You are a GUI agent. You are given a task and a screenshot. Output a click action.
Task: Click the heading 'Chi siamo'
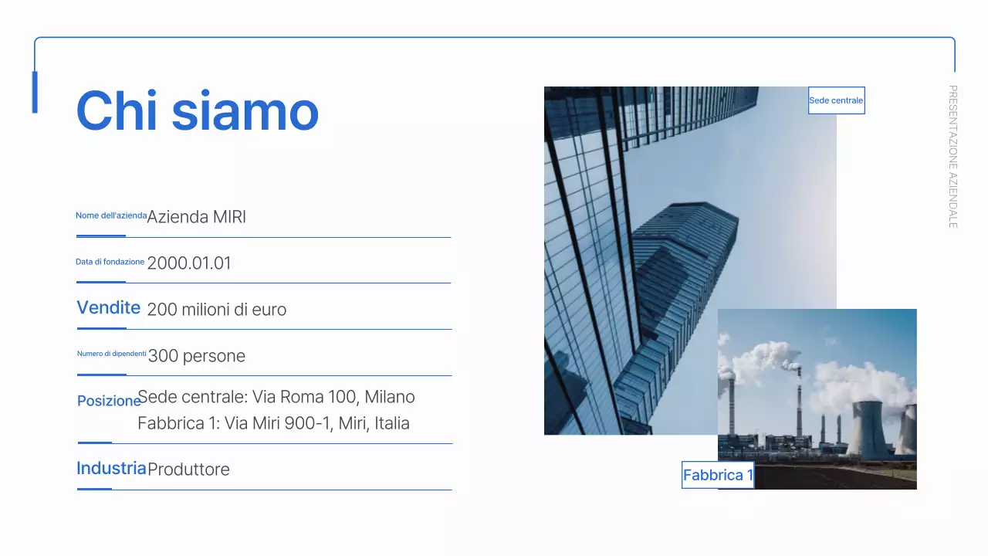[x=198, y=110]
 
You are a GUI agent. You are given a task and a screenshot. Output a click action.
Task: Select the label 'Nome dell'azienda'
[x=111, y=215]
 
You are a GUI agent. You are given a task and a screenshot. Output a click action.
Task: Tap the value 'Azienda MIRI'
[x=196, y=217]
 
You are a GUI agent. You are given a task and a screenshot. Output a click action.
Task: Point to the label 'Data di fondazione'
[x=110, y=262]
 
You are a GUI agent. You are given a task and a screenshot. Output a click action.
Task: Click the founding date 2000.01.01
[x=189, y=263]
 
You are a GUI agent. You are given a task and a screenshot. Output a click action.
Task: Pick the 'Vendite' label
[x=108, y=308]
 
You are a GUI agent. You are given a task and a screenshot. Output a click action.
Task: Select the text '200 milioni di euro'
[x=216, y=310]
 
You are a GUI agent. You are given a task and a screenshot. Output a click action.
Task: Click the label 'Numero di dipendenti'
[x=112, y=354]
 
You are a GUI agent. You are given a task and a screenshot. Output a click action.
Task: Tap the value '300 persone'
[x=196, y=356]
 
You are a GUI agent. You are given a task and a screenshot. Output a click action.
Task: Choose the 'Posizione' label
[x=109, y=401]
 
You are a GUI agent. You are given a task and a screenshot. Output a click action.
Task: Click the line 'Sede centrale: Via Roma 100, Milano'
[x=276, y=397]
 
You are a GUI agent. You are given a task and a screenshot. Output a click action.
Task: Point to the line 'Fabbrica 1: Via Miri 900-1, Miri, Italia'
[x=273, y=423]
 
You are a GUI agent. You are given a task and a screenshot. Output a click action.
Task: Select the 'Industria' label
[x=111, y=468]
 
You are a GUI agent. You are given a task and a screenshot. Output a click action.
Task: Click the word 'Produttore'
[x=188, y=470]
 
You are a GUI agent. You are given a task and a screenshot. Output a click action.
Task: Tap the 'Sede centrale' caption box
[x=836, y=100]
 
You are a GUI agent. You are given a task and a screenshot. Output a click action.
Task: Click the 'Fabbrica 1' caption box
[x=718, y=475]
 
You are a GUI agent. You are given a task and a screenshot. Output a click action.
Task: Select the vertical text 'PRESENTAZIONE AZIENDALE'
[x=952, y=156]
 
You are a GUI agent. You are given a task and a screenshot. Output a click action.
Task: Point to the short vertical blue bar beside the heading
[x=35, y=92]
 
